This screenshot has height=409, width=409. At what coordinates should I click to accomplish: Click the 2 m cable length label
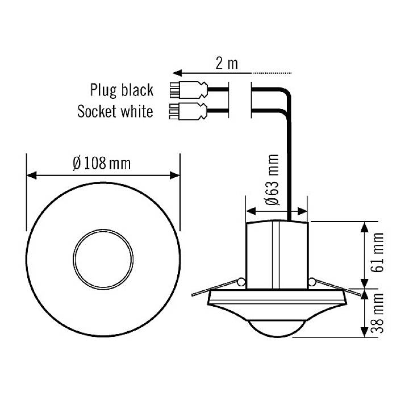pyautogui.click(x=227, y=63)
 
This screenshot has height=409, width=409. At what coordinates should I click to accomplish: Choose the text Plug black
pyautogui.click(x=121, y=90)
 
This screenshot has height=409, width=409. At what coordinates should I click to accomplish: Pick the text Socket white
pyautogui.click(x=115, y=111)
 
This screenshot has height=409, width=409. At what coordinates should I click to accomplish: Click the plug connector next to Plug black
pyautogui.click(x=188, y=90)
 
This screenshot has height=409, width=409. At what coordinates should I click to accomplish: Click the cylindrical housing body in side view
pyautogui.click(x=277, y=253)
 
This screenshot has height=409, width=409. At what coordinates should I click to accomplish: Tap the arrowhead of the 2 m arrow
pyautogui.click(x=178, y=73)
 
